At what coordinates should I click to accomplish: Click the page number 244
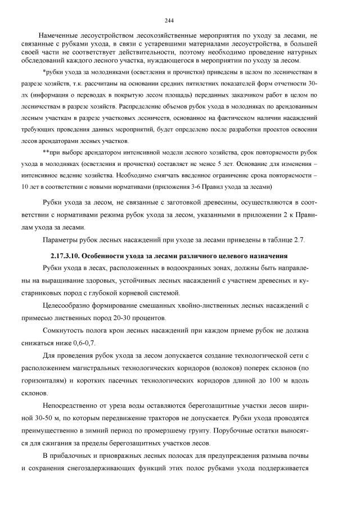179,19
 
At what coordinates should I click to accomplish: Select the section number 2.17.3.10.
61,256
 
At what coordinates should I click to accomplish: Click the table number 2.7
298,241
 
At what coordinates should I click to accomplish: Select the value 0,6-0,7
82,343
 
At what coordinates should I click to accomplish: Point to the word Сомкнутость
66,331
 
